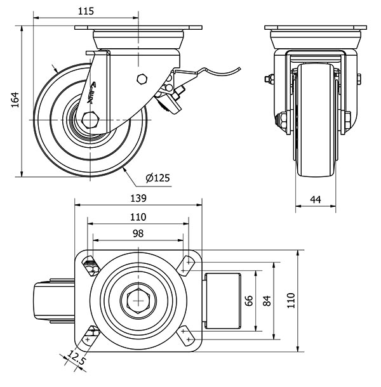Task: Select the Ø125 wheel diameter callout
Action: click(x=157, y=178)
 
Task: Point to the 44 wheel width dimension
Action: click(x=316, y=199)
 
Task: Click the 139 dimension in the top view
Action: click(x=138, y=198)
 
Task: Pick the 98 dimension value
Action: click(x=138, y=233)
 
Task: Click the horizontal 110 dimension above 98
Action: click(x=138, y=217)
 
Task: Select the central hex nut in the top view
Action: click(x=138, y=299)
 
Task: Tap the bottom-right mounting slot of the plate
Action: click(x=187, y=336)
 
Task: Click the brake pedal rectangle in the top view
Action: click(x=221, y=300)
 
